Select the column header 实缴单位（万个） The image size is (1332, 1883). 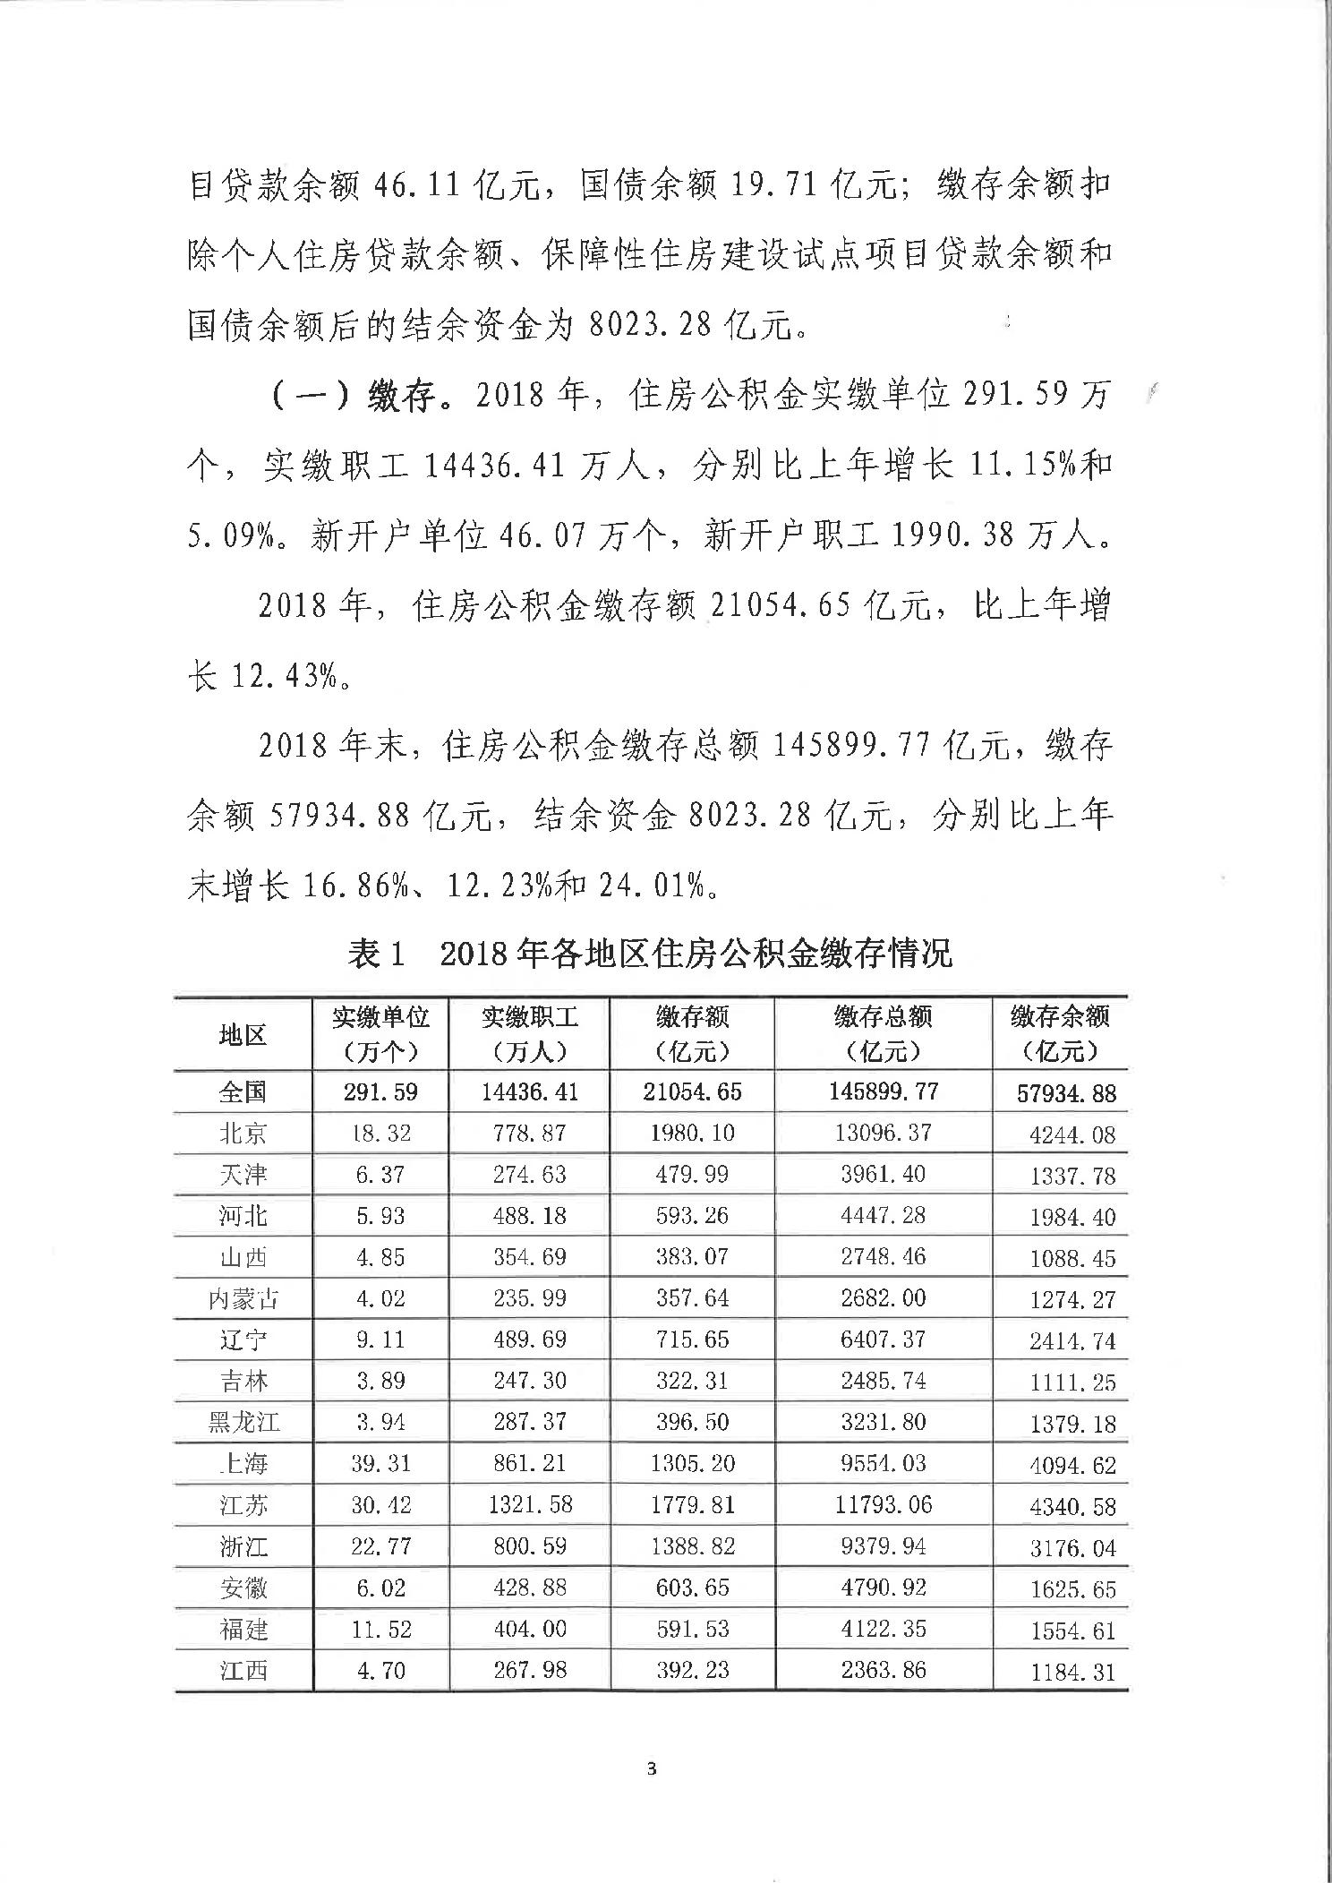point(380,1032)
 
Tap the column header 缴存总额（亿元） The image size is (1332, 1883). point(883,1032)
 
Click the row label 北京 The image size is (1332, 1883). point(243,1134)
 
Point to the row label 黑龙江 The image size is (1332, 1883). point(243,1422)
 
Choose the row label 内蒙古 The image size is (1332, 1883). point(243,1298)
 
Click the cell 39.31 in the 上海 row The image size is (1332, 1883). point(380,1463)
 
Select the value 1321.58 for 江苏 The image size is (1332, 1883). point(530,1504)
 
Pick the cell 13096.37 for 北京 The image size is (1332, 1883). point(883,1133)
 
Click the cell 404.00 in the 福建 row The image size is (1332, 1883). point(530,1628)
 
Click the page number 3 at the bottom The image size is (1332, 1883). point(651,1768)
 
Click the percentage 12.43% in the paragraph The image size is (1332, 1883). point(276,676)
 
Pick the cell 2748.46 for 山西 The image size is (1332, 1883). point(883,1256)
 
